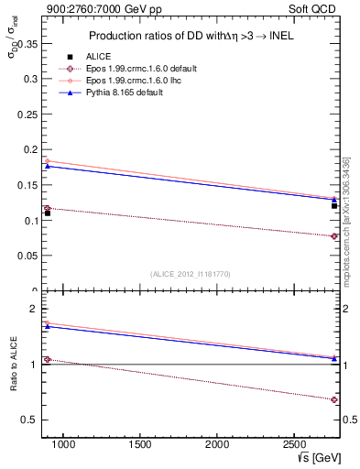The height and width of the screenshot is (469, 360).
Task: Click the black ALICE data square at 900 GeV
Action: coord(48,213)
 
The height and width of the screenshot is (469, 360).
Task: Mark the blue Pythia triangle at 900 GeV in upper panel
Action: coord(48,166)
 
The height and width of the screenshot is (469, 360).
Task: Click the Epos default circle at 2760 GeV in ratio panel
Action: coord(334,399)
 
